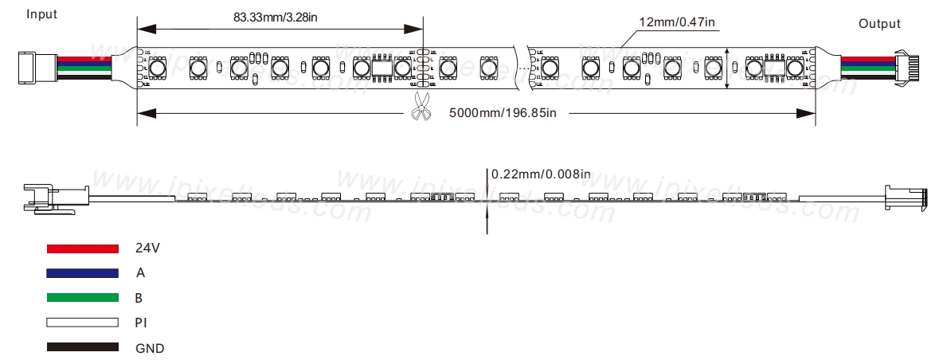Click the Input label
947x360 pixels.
(x=41, y=14)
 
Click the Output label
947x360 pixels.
(x=879, y=24)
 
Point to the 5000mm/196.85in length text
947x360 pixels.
(x=502, y=113)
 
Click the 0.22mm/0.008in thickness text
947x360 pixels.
(x=541, y=174)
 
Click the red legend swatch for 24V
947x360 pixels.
(x=83, y=248)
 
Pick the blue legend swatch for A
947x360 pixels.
(x=83, y=273)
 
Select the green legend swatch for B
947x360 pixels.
(x=83, y=298)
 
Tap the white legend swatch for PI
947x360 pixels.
(x=83, y=323)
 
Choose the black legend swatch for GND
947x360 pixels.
(x=83, y=348)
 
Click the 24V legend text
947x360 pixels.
(x=148, y=248)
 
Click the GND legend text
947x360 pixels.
(x=150, y=348)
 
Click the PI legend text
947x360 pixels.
(x=141, y=323)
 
